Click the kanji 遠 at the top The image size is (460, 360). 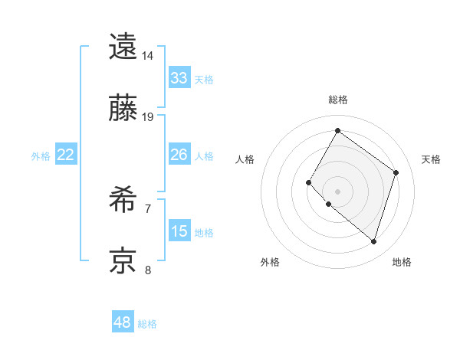click(123, 47)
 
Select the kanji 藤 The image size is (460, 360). click(123, 109)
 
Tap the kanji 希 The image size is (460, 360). click(123, 201)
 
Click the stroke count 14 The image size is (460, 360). click(148, 56)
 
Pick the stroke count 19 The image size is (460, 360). click(148, 117)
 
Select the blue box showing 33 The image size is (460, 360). click(179, 78)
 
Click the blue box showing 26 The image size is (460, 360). click(179, 155)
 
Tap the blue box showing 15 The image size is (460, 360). click(179, 231)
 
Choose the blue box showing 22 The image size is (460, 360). click(66, 155)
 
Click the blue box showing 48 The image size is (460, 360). click(123, 322)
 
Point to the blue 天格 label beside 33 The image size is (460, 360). click(204, 80)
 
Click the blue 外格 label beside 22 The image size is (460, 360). click(41, 156)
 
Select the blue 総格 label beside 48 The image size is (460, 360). click(147, 324)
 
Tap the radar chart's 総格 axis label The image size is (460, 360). click(338, 100)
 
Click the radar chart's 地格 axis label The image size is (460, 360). click(402, 262)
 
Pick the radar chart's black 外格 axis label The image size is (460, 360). click(270, 262)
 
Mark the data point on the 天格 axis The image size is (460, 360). click(396, 172)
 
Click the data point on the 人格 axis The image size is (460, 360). click(309, 182)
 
